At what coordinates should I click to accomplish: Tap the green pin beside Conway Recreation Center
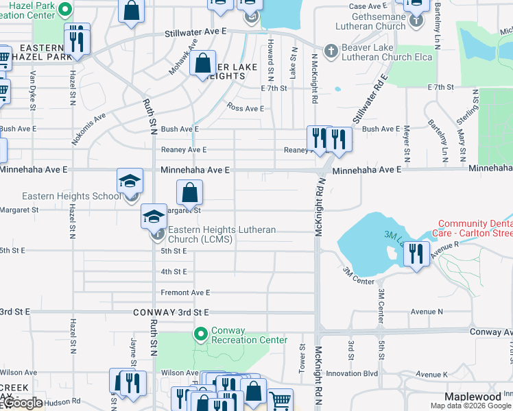pyautogui.click(x=200, y=335)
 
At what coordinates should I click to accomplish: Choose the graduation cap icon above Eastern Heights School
pyautogui.click(x=130, y=182)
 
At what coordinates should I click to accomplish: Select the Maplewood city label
pyautogui.click(x=473, y=397)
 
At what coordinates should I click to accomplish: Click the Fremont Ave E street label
pyautogui.click(x=185, y=292)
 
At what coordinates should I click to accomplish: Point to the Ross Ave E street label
pyautogui.click(x=246, y=108)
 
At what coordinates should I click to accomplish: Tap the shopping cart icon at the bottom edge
pyautogui.click(x=280, y=401)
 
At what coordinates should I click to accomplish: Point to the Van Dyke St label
pyautogui.click(x=32, y=92)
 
